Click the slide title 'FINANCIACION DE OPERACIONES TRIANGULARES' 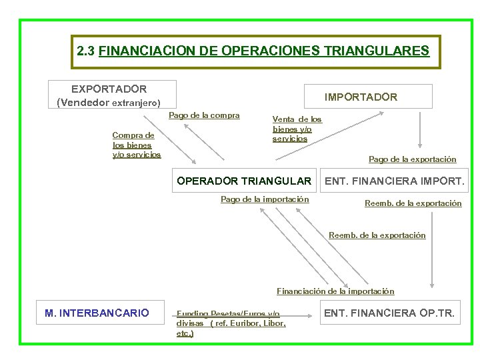(x=264, y=51)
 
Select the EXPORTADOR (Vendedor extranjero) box (x=112, y=95)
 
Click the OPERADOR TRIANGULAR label (x=243, y=181)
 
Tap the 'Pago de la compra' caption (x=204, y=115)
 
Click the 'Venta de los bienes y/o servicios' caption (x=297, y=129)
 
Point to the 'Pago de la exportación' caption (x=413, y=159)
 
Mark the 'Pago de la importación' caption (x=265, y=199)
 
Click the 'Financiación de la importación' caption (x=335, y=291)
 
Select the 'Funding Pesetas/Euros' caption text (x=228, y=314)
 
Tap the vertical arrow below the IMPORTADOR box (x=420, y=129)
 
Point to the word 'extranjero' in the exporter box (x=136, y=103)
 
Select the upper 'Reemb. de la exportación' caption (x=413, y=203)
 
